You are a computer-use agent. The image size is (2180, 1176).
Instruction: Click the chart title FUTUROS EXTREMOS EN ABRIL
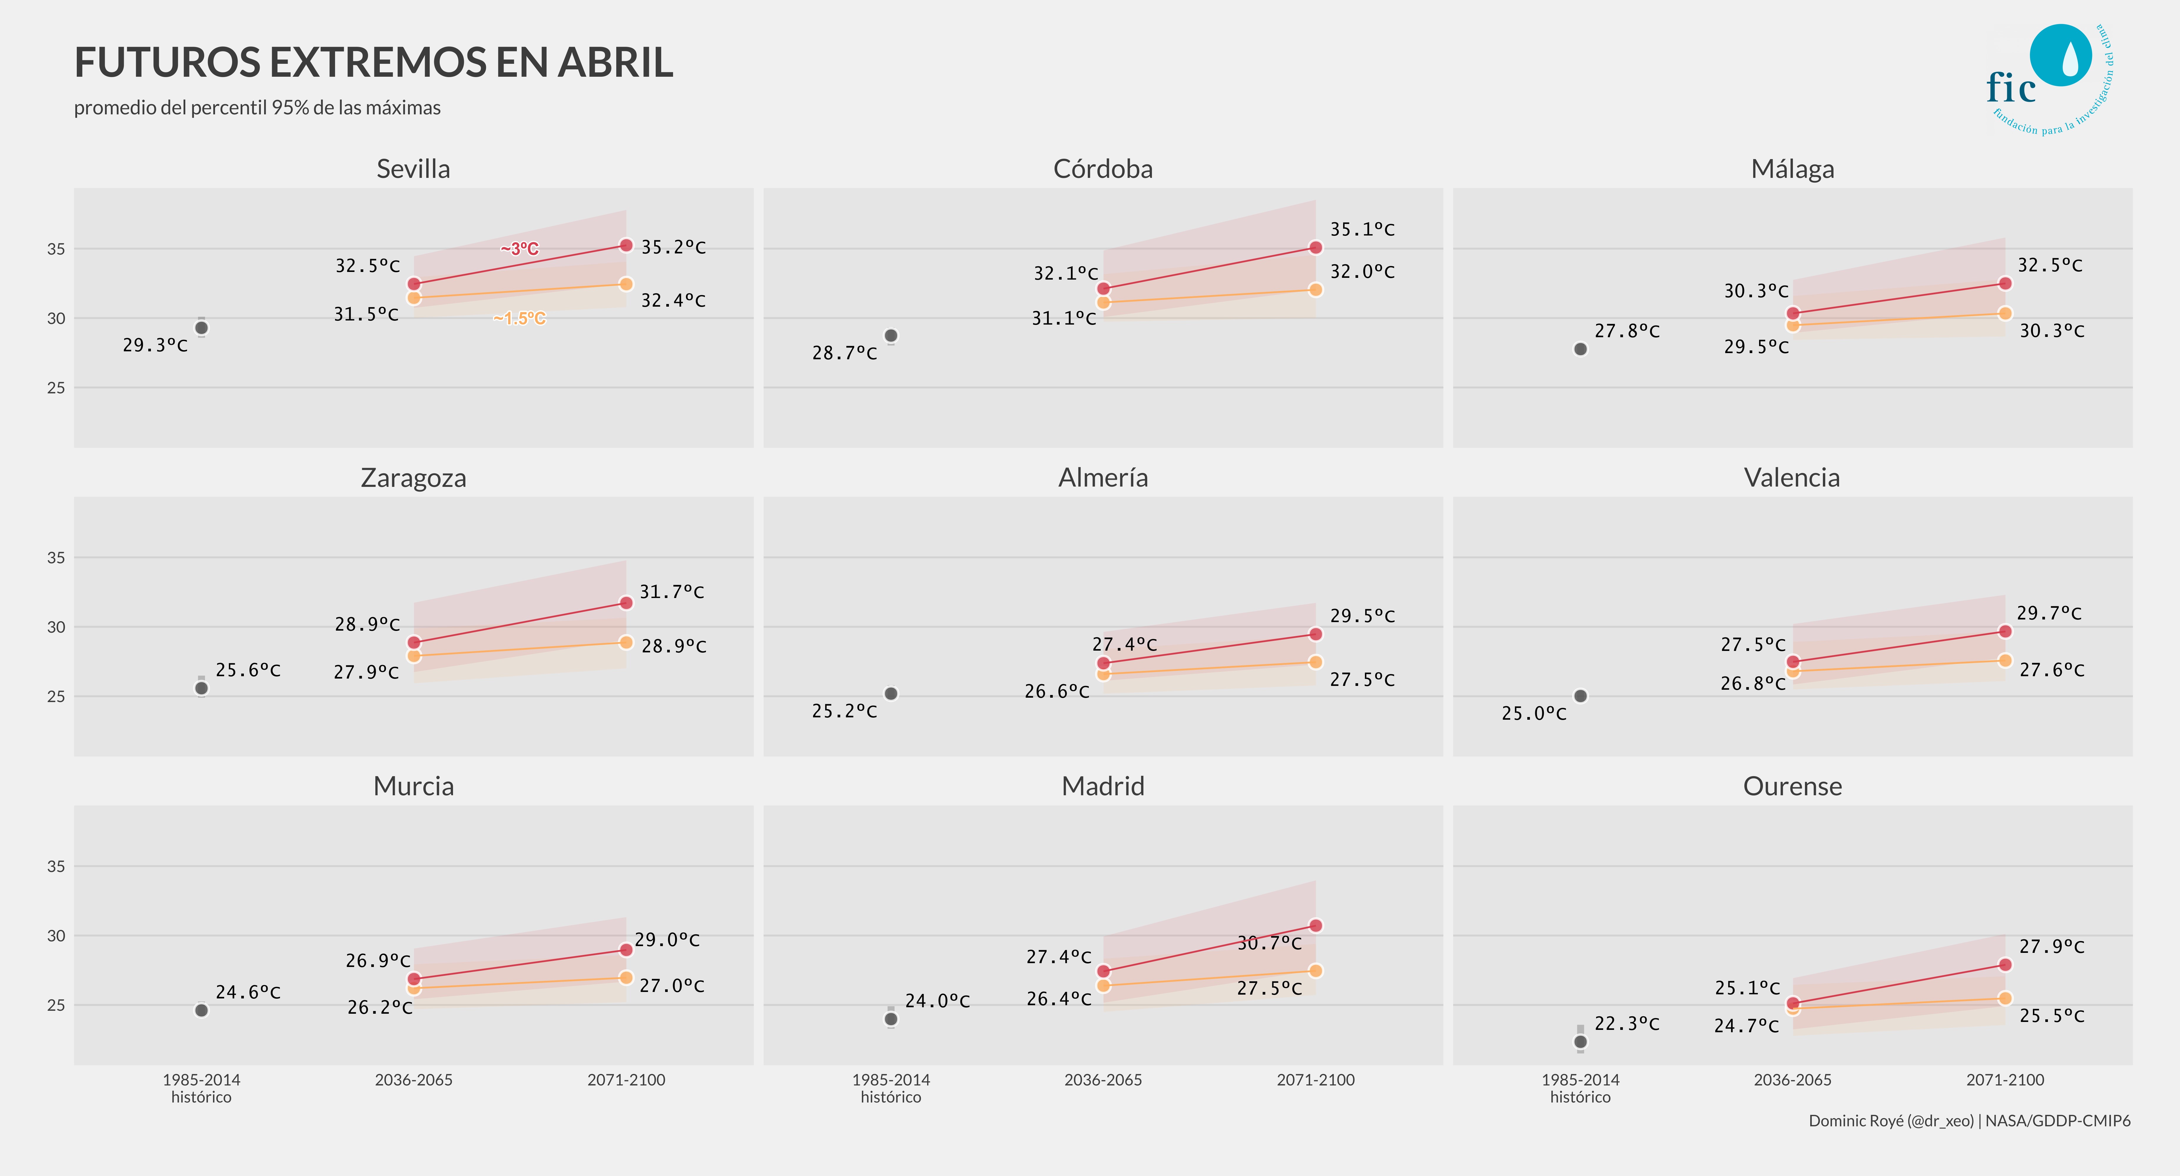[x=373, y=63]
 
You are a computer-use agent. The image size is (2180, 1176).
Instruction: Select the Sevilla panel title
[x=413, y=169]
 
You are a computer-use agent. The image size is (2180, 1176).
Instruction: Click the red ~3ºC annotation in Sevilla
[x=519, y=249]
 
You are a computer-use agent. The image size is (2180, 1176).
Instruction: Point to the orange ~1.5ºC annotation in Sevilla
[x=519, y=318]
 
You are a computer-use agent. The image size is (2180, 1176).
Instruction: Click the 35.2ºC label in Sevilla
[x=673, y=247]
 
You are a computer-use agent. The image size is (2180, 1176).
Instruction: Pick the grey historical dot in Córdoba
[x=890, y=336]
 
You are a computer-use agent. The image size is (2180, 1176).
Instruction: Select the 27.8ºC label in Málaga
[x=1626, y=331]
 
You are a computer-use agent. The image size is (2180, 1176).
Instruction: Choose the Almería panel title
[x=1103, y=478]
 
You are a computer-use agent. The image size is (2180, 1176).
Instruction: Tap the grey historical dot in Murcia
[x=201, y=1010]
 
